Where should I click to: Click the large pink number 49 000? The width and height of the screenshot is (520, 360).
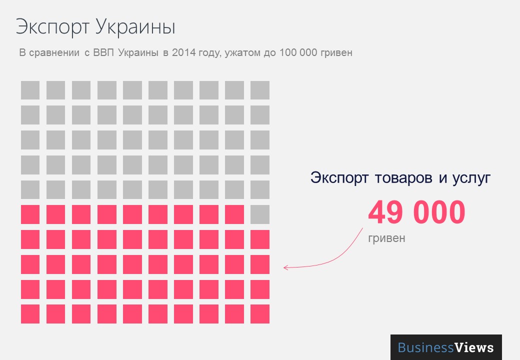coord(416,212)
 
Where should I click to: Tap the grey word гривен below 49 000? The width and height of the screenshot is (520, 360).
coord(386,238)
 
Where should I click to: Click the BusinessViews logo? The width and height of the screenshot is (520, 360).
coord(446,347)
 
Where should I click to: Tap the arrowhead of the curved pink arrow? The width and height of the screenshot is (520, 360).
coord(285,268)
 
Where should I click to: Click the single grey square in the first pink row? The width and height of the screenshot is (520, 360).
coord(260,214)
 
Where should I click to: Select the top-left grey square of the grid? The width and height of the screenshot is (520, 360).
coord(30,90)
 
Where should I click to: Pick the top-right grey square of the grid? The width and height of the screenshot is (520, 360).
coord(260,90)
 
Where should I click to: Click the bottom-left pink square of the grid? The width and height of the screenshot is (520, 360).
coord(30,314)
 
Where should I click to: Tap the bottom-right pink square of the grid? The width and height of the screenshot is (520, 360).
coord(260,314)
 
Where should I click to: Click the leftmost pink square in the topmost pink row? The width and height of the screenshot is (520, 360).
coord(30,214)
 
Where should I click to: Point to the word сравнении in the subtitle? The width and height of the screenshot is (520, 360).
coord(55,52)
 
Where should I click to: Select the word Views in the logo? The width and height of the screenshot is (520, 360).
coord(474,347)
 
